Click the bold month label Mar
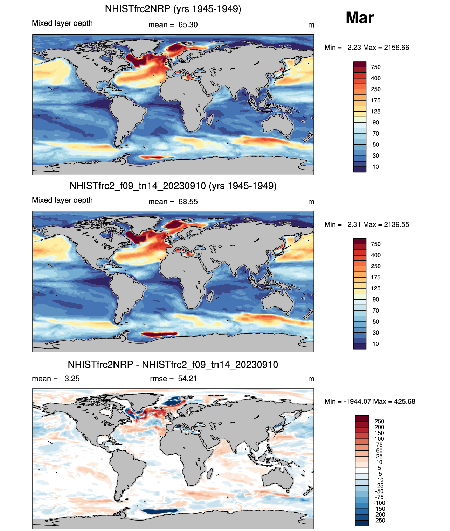point(360,17)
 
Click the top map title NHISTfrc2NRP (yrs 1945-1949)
point(173,9)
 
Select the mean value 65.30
point(188,25)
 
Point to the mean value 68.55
point(188,202)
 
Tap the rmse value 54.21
point(187,379)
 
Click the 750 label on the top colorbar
point(376,67)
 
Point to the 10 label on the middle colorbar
point(376,344)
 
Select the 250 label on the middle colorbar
point(376,266)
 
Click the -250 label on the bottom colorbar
point(379,520)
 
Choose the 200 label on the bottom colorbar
point(379,427)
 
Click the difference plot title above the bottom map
point(173,365)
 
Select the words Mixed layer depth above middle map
point(62,200)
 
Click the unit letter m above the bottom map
point(311,379)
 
